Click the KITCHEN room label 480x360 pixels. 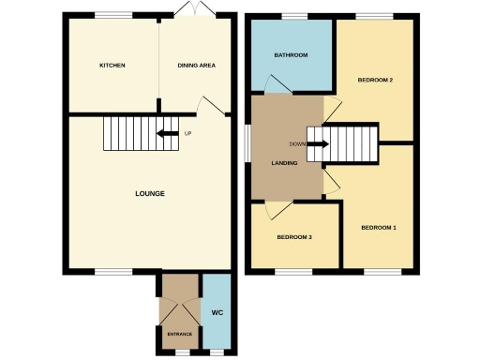(x=112, y=65)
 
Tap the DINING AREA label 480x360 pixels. (x=197, y=65)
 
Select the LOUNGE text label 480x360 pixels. (x=149, y=194)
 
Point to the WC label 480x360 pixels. (x=217, y=311)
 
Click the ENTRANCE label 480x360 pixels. (x=179, y=335)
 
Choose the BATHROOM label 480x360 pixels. (x=291, y=55)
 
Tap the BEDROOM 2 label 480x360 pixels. (x=374, y=80)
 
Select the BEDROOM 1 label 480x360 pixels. (x=378, y=227)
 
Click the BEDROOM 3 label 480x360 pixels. (x=293, y=237)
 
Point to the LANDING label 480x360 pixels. (x=284, y=162)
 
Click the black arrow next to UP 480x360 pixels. (x=169, y=133)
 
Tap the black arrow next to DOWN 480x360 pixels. (x=317, y=144)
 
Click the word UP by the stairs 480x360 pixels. (x=187, y=133)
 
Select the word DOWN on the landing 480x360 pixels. (x=296, y=143)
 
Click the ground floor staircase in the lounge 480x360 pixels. (x=127, y=134)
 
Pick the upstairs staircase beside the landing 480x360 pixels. (x=352, y=144)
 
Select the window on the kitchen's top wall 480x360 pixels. (x=112, y=15)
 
